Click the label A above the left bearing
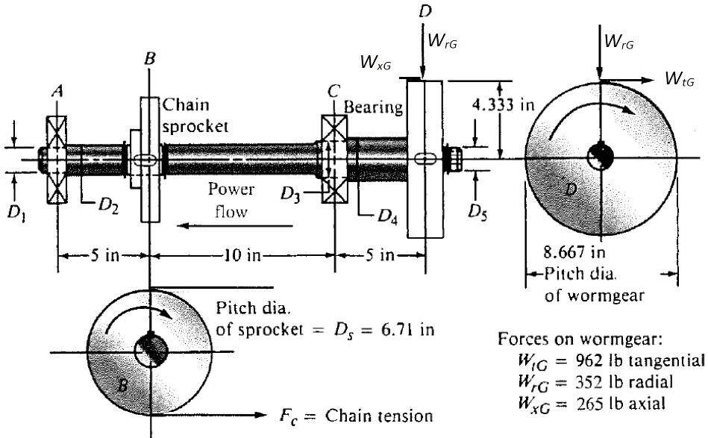click(x=57, y=92)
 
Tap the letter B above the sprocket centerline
click(x=151, y=57)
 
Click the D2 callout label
click(x=110, y=205)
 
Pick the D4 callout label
click(x=386, y=216)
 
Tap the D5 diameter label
click(x=478, y=211)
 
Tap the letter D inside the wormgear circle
click(x=571, y=192)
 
